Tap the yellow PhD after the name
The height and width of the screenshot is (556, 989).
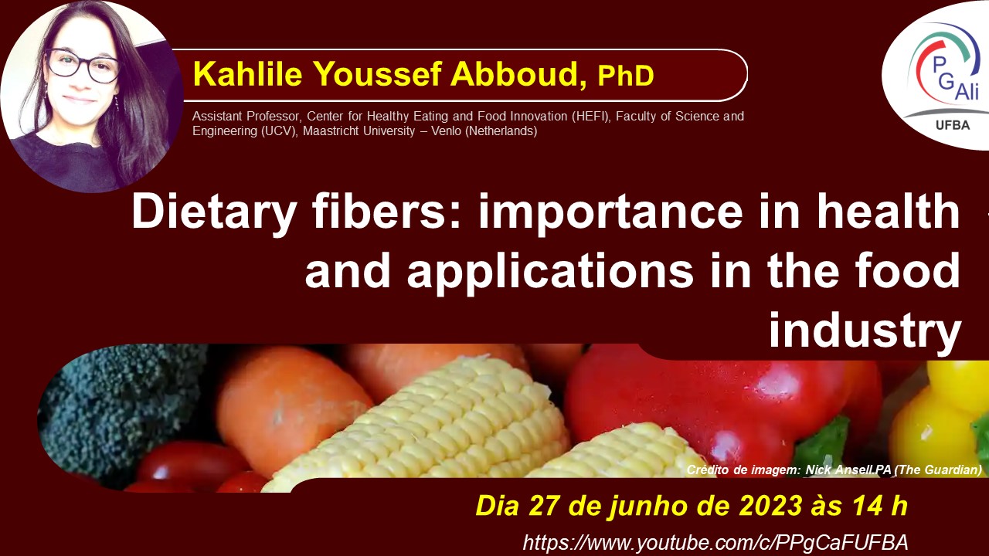point(626,76)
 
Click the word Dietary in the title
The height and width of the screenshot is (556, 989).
point(213,212)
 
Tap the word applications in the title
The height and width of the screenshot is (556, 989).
point(550,272)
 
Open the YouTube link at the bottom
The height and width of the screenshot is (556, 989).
point(715,542)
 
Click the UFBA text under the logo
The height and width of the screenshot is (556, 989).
point(953,126)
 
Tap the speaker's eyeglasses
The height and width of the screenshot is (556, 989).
point(82,66)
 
